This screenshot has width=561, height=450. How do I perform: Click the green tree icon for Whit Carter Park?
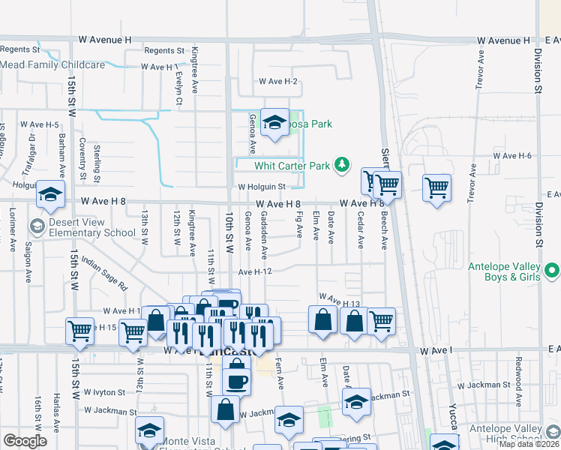tap(342, 164)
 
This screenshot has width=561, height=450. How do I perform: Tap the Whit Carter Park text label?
tap(292, 165)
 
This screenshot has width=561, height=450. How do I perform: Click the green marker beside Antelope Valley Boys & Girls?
tap(552, 269)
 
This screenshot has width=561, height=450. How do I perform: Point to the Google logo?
tap(25, 441)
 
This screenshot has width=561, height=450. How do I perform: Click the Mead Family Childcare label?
tap(52, 65)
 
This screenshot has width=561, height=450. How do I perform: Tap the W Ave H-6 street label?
tap(512, 155)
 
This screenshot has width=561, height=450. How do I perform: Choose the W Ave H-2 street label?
tap(278, 81)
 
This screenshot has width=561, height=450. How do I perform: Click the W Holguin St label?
tap(262, 187)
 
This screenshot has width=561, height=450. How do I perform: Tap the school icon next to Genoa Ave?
tap(275, 124)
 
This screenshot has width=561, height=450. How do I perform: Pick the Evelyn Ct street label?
tap(178, 88)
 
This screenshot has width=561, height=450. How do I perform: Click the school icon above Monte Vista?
tap(149, 430)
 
